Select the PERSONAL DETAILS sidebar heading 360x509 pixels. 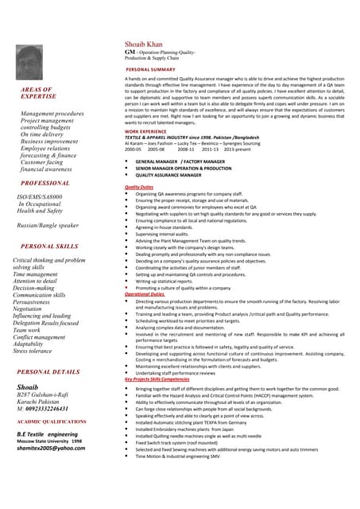[x=48, y=371]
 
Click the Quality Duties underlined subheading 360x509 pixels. [x=144, y=187]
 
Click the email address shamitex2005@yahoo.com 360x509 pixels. [x=51, y=449]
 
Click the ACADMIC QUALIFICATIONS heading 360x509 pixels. [x=52, y=422]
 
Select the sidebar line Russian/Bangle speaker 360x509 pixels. [x=48, y=226]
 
